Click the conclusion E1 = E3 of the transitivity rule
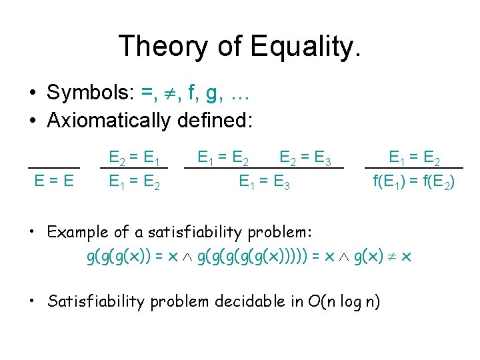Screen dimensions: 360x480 264,181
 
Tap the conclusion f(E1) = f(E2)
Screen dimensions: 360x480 414,181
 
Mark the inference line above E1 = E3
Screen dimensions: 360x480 264,168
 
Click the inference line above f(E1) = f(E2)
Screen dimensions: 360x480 414,167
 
